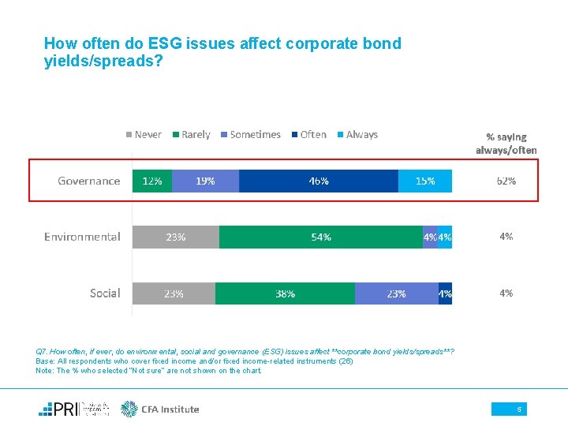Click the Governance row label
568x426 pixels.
pyautogui.click(x=88, y=181)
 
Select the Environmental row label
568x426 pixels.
pyautogui.click(x=82, y=237)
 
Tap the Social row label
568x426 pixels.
pyautogui.click(x=105, y=293)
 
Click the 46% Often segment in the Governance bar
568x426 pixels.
pyautogui.click(x=318, y=181)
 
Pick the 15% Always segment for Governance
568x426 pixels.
pyautogui.click(x=426, y=181)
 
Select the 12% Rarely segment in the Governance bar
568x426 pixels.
pyautogui.click(x=151, y=181)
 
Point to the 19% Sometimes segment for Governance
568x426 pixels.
pyautogui.click(x=205, y=181)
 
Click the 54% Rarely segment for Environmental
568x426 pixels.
pyautogui.click(x=320, y=237)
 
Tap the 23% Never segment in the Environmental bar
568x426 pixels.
pyautogui.click(x=175, y=237)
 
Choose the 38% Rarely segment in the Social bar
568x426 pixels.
pyautogui.click(x=285, y=293)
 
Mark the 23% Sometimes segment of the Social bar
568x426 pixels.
pyautogui.click(x=396, y=293)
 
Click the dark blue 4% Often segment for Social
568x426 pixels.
pyautogui.click(x=446, y=293)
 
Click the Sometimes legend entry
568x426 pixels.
pyautogui.click(x=250, y=135)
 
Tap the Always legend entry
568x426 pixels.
pyautogui.click(x=357, y=135)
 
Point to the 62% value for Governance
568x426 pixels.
pyautogui.click(x=506, y=181)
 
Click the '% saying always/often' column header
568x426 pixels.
pyautogui.click(x=506, y=143)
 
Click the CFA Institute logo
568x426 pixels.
pyautogui.click(x=160, y=409)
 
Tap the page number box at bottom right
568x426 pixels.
pyautogui.click(x=509, y=409)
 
